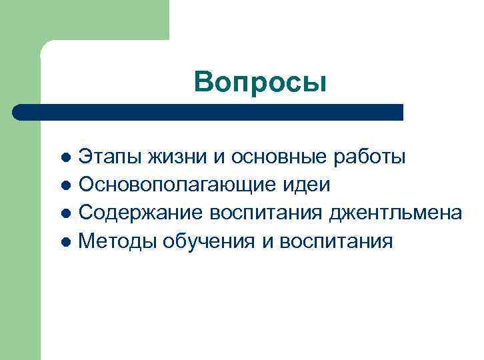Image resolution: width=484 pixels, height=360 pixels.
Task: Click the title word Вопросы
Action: (261, 83)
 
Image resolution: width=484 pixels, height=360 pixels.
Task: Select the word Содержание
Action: (141, 213)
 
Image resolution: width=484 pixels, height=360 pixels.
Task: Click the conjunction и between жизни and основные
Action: (219, 157)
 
